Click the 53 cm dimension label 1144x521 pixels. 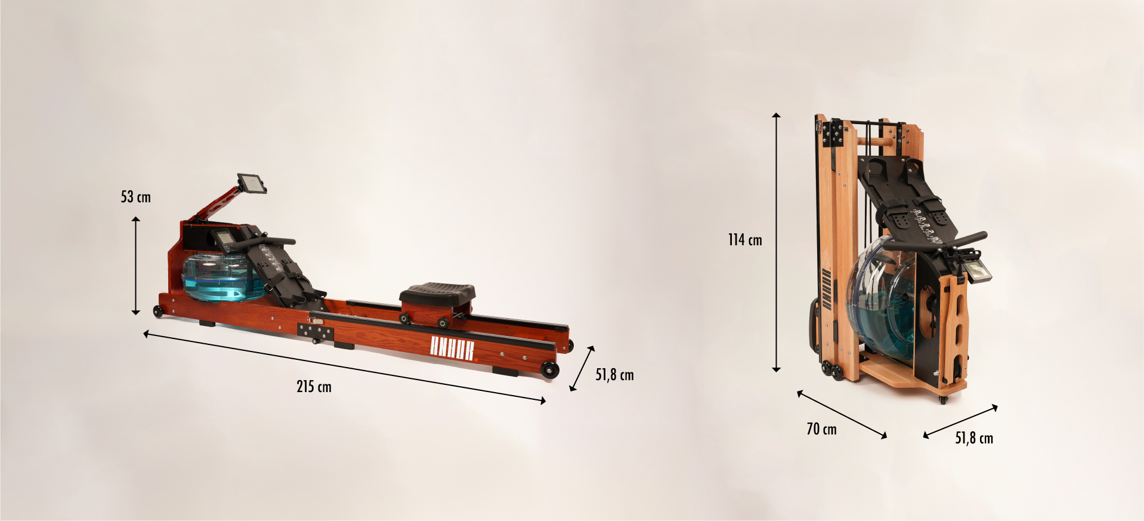point(136,197)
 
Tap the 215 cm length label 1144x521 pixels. point(314,387)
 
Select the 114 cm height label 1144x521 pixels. point(745,240)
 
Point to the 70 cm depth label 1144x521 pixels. point(821,429)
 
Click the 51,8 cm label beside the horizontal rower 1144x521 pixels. point(614,375)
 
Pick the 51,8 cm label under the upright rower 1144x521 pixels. point(974,438)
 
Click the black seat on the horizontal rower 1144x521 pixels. point(438,292)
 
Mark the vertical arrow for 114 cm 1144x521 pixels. point(776,242)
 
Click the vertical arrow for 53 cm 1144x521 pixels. point(136,266)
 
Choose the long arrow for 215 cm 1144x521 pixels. point(345,367)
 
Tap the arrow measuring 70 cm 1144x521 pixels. point(842,415)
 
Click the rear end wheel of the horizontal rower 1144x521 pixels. point(550,369)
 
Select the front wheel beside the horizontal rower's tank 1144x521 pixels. point(158,312)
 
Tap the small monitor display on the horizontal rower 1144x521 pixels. point(225,240)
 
